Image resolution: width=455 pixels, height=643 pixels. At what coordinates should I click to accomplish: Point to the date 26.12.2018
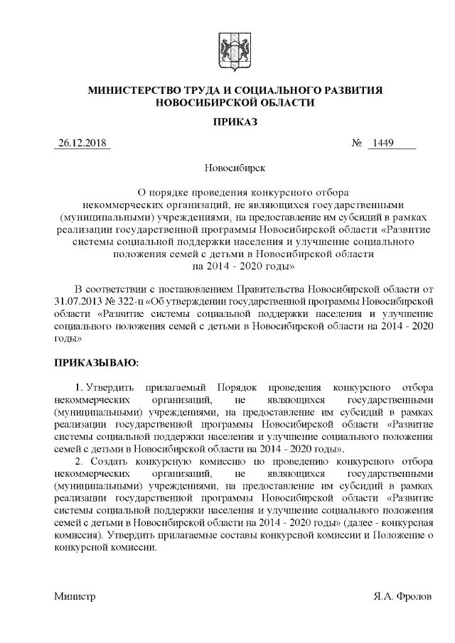coord(82,145)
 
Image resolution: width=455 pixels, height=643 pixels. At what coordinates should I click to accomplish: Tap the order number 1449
coord(385,145)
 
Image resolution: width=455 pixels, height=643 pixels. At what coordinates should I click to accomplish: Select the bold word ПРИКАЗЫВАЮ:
coord(97,363)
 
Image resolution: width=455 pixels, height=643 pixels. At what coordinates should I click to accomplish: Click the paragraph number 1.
coord(80,388)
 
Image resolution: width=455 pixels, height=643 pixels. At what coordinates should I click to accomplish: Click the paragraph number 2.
coord(80,462)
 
